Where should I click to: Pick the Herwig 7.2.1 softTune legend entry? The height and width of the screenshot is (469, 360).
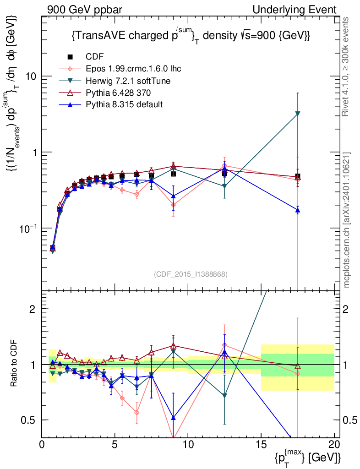(128, 81)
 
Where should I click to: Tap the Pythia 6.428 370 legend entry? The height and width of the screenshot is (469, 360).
(119, 93)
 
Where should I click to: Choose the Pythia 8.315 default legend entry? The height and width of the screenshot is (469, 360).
(124, 104)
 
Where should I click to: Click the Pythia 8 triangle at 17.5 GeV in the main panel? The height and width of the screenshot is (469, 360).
(298, 210)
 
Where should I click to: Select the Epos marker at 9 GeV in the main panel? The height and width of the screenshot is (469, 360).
(173, 205)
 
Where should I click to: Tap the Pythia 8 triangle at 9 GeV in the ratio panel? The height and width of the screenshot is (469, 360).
(173, 418)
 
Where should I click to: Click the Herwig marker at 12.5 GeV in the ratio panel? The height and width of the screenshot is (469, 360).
(224, 396)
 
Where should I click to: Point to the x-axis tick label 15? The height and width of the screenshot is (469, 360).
(261, 444)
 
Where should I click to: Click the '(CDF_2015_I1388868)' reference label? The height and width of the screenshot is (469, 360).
(190, 274)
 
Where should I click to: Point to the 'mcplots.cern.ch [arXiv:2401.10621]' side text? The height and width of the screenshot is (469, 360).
(347, 220)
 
